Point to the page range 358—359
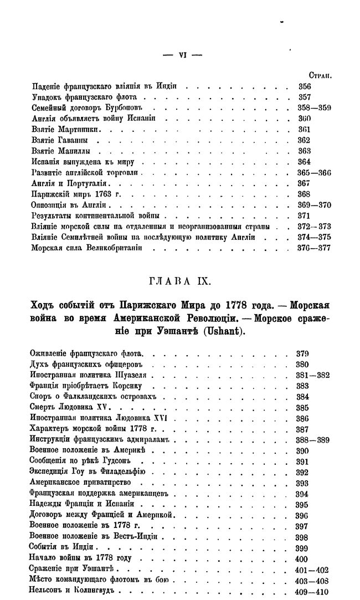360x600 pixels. pyautogui.click(x=314, y=108)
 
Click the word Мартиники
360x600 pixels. pyautogui.click(x=81, y=130)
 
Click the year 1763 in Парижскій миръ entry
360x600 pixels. pyautogui.click(x=100, y=194)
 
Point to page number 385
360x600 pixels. pyautogui.click(x=302, y=407)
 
